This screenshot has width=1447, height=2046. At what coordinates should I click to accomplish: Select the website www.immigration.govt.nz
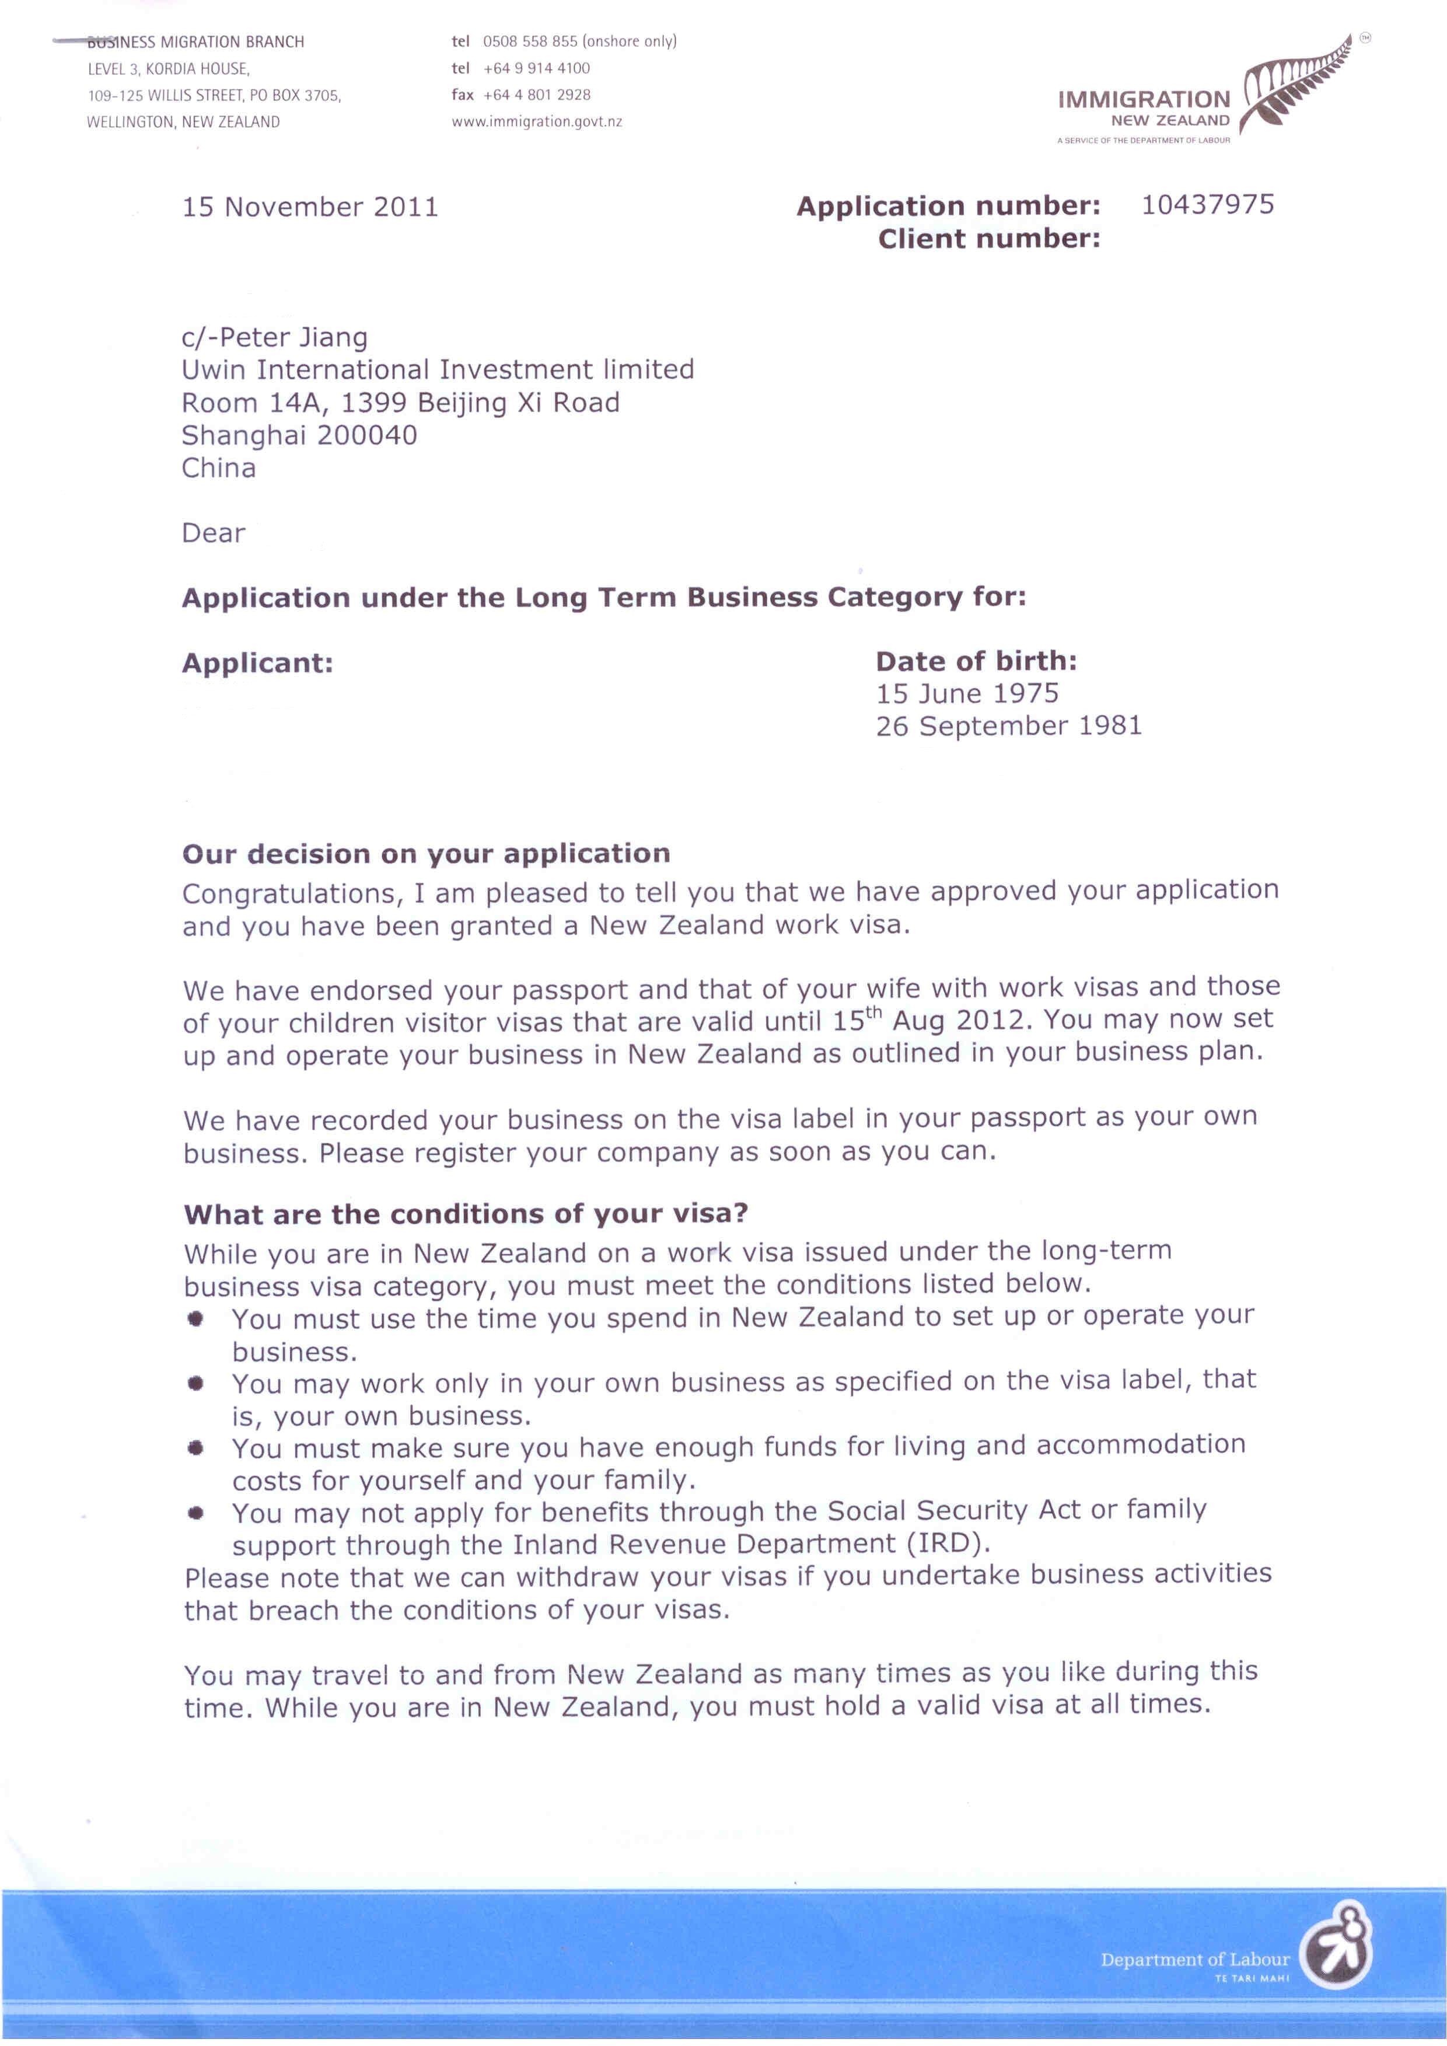[x=536, y=122]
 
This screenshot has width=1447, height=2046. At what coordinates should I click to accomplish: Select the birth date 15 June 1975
[x=967, y=693]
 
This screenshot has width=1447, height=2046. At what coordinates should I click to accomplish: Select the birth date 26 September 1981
[x=1009, y=727]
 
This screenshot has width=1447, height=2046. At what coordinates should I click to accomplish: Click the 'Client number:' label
[x=989, y=239]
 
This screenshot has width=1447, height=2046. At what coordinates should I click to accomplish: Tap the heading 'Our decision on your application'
[x=426, y=854]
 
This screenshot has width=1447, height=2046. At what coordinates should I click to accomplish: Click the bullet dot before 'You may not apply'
[x=196, y=1512]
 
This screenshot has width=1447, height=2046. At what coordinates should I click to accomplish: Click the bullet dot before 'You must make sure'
[x=196, y=1448]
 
